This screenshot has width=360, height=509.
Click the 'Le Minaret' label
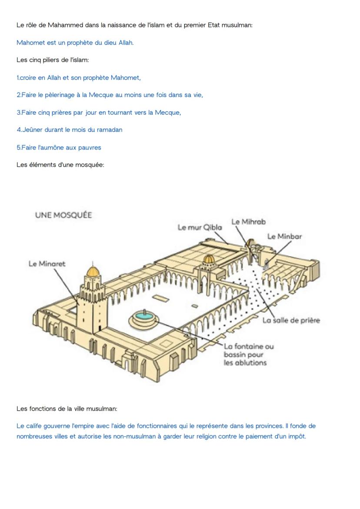47,264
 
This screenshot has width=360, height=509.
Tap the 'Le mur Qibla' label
200,227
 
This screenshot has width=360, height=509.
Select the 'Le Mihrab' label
248,221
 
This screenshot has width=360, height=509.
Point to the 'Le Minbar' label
284,236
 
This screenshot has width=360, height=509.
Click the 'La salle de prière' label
291,321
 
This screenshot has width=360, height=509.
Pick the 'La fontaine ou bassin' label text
249,354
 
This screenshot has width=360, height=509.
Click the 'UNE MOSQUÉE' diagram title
63,215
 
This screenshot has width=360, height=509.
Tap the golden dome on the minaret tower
92,271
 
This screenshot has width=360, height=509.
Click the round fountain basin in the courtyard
144,319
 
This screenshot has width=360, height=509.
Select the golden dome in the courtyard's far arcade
209,259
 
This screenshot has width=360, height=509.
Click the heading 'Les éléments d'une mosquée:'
60,164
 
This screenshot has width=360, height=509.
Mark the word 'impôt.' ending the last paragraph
297,436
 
